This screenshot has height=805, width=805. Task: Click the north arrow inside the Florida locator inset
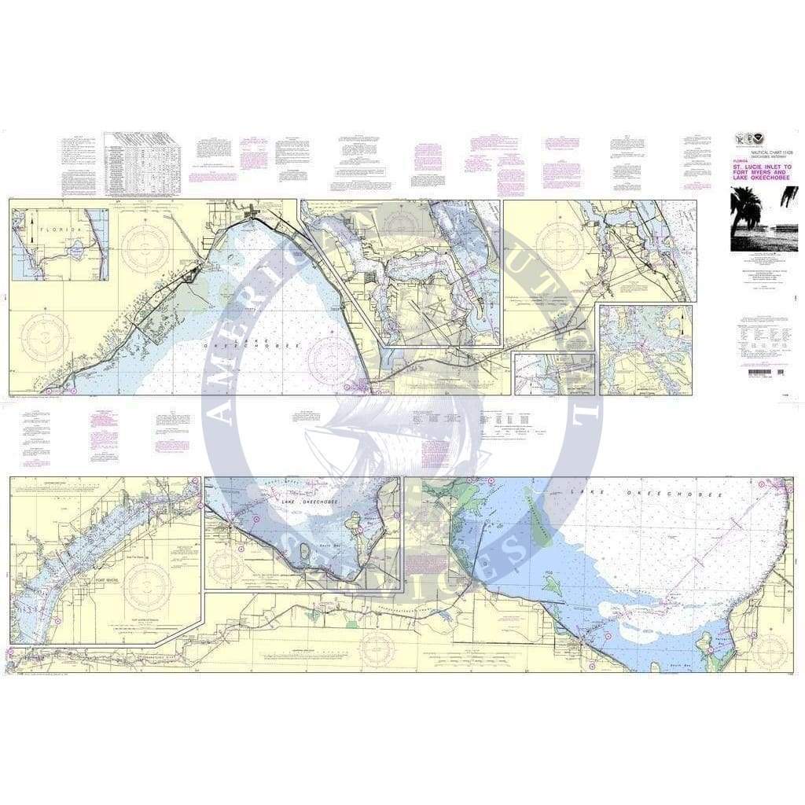[x=31, y=231]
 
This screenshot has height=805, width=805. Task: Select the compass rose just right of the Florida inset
[x=146, y=250]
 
